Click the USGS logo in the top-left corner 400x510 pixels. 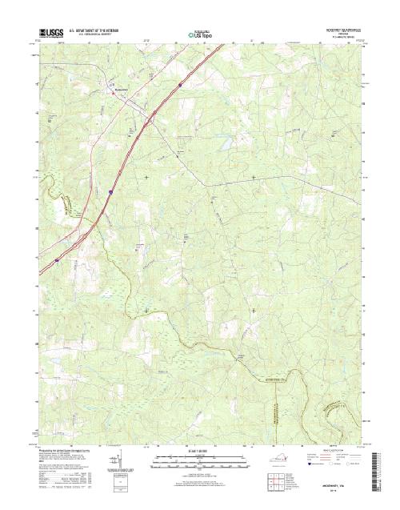pos(50,34)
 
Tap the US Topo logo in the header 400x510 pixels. pos(199,35)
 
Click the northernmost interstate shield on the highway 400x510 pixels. pos(182,82)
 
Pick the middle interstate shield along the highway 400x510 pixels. pos(110,193)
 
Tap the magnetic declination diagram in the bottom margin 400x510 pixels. pos(119,460)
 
